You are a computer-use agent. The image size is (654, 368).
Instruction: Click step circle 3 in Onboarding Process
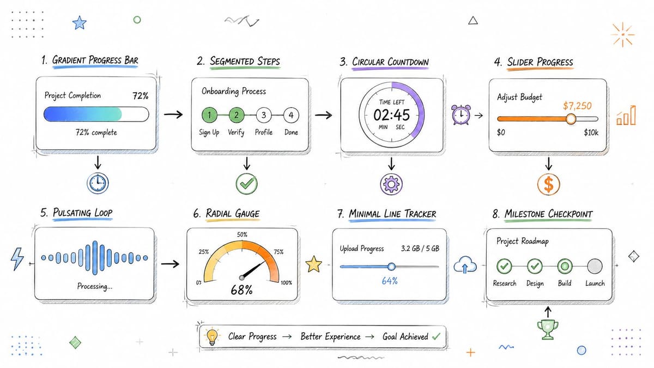click(x=264, y=115)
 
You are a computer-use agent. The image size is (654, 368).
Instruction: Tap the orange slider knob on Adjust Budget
click(x=571, y=119)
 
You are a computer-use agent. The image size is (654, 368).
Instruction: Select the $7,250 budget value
click(x=577, y=106)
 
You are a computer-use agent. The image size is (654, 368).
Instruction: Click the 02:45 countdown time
click(x=391, y=115)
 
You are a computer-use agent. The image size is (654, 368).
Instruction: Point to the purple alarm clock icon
click(x=461, y=114)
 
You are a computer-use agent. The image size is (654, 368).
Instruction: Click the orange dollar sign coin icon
click(x=549, y=184)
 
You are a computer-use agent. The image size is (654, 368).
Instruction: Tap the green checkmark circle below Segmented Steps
click(x=247, y=184)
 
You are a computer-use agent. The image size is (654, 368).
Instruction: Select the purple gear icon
click(x=391, y=184)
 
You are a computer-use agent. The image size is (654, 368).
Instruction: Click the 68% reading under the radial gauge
click(x=241, y=289)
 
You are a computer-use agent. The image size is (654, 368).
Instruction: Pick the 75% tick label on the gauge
click(x=278, y=252)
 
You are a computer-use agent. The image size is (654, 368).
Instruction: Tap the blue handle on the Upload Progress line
click(x=391, y=267)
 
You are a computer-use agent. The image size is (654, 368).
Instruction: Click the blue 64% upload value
click(x=390, y=281)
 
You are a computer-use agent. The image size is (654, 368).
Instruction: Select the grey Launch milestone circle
click(x=595, y=266)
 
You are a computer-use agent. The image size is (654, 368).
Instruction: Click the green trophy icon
click(x=548, y=329)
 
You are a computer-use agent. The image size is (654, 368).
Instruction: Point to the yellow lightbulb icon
click(x=212, y=337)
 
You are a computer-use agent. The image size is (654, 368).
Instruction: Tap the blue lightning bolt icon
click(x=17, y=259)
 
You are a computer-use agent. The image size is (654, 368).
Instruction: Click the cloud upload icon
click(x=465, y=264)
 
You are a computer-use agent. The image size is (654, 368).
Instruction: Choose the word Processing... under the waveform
click(x=95, y=286)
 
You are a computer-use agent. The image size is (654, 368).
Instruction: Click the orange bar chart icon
click(x=626, y=116)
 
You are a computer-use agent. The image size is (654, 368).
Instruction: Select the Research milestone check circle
click(x=504, y=266)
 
